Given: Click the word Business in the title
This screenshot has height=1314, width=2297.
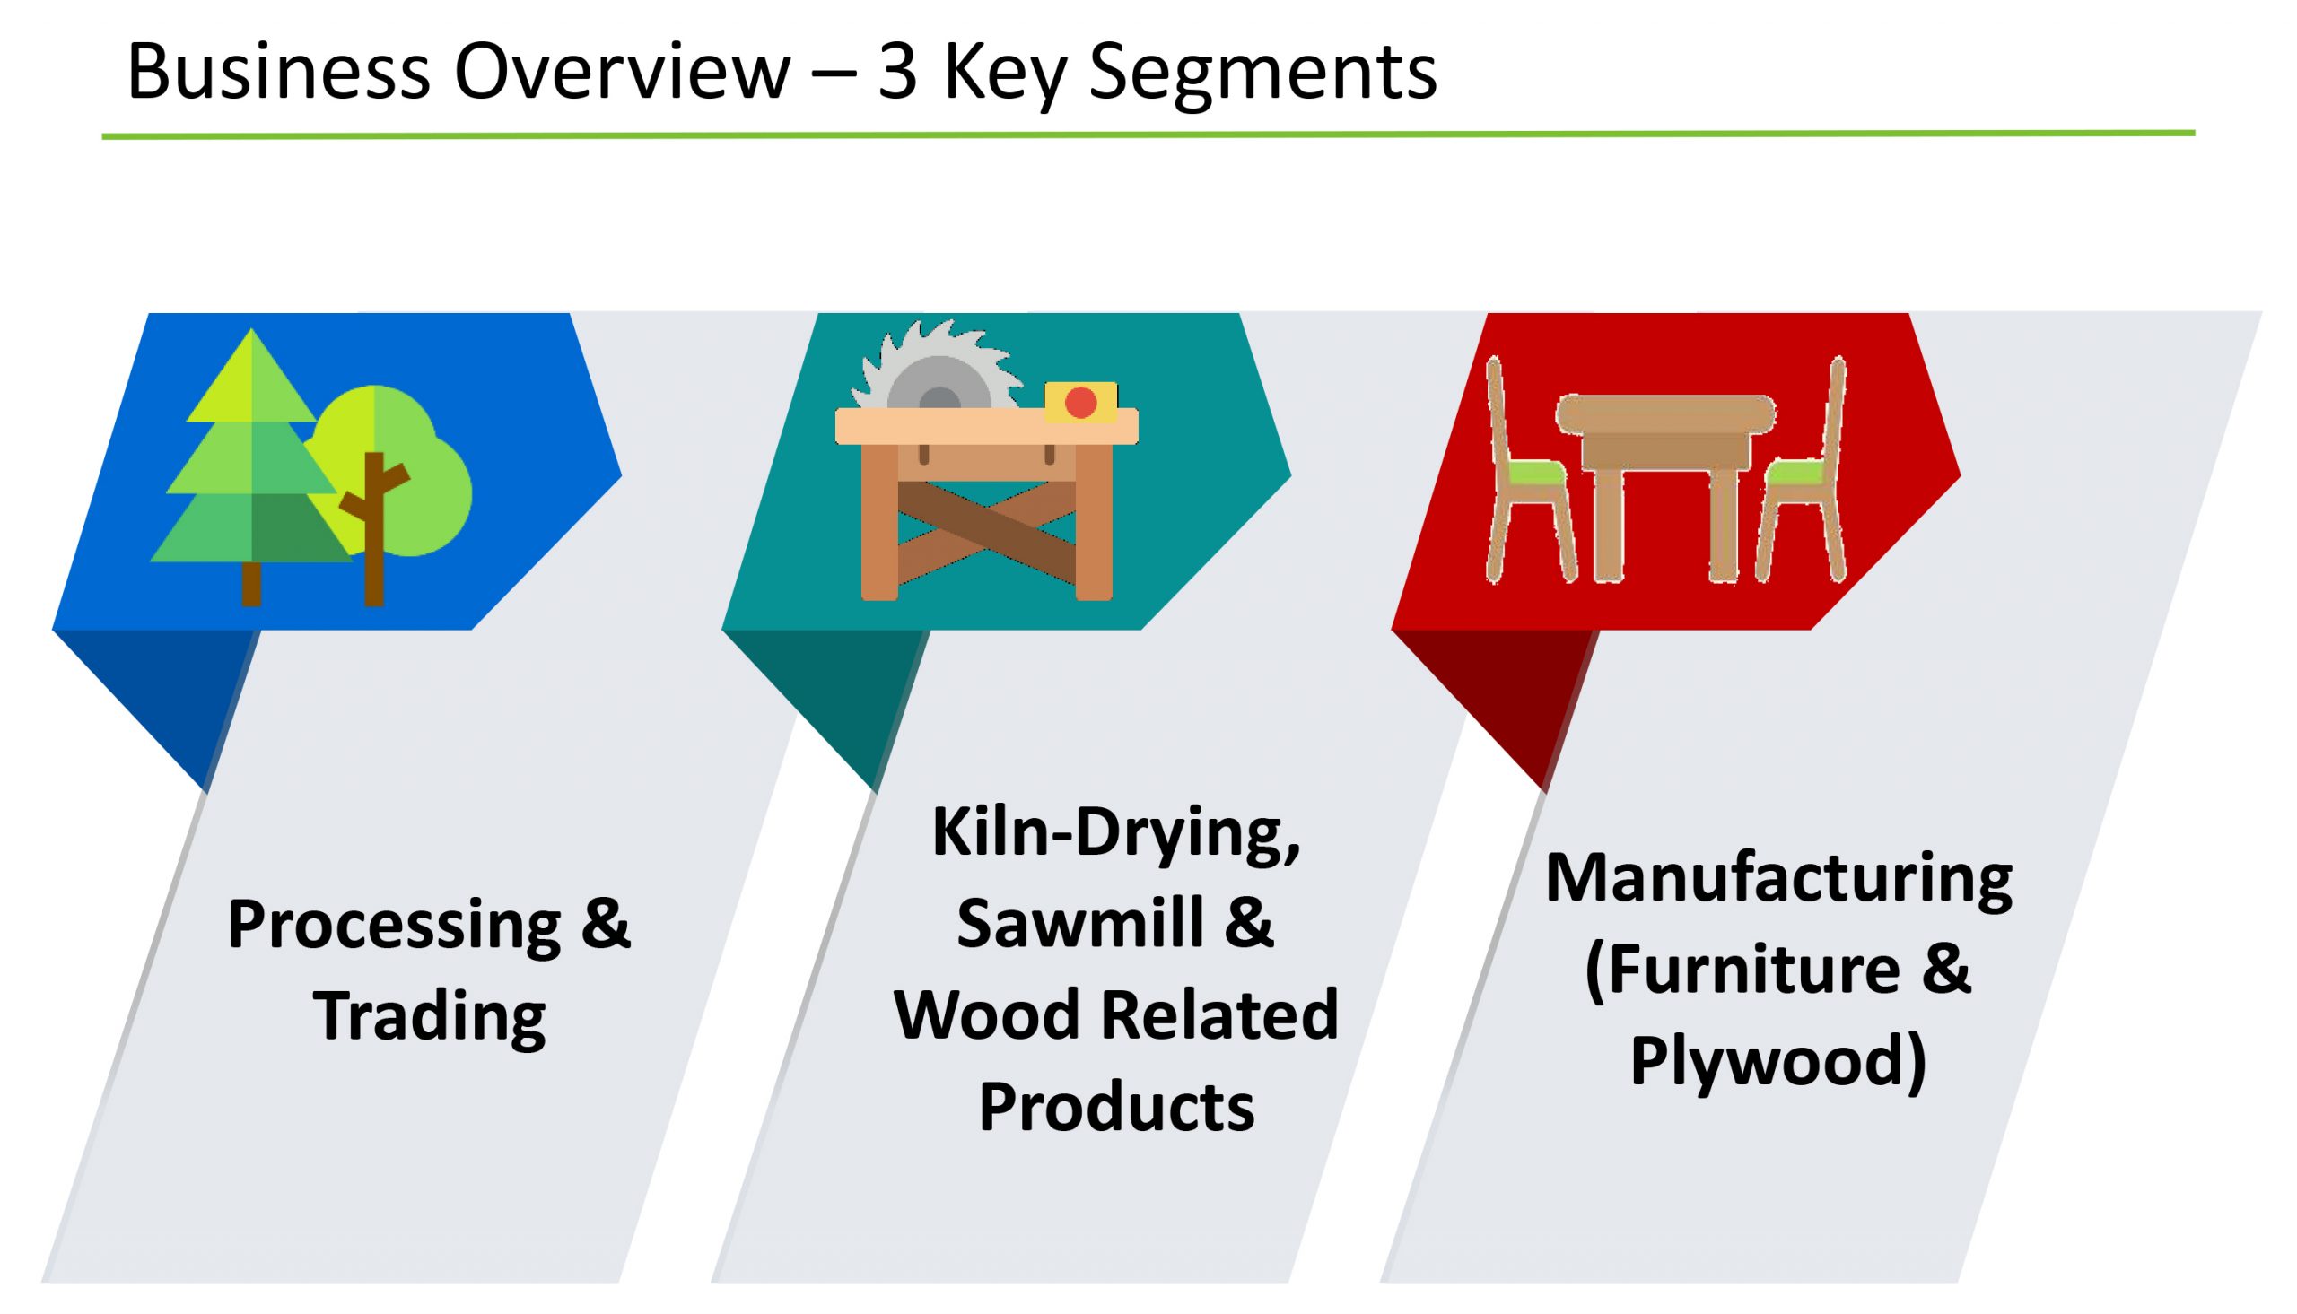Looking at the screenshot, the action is click(278, 71).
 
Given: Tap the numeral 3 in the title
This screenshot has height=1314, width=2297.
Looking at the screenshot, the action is click(897, 72).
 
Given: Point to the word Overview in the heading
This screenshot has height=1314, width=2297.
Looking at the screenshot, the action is click(622, 71).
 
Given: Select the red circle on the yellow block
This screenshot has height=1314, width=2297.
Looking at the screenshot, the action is click(1080, 403).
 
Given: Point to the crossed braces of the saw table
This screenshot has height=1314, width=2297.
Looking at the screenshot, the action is click(986, 532).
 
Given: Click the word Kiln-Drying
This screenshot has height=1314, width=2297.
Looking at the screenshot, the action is click(1116, 833).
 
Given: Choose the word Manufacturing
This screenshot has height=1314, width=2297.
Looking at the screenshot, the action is click(1778, 877).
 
